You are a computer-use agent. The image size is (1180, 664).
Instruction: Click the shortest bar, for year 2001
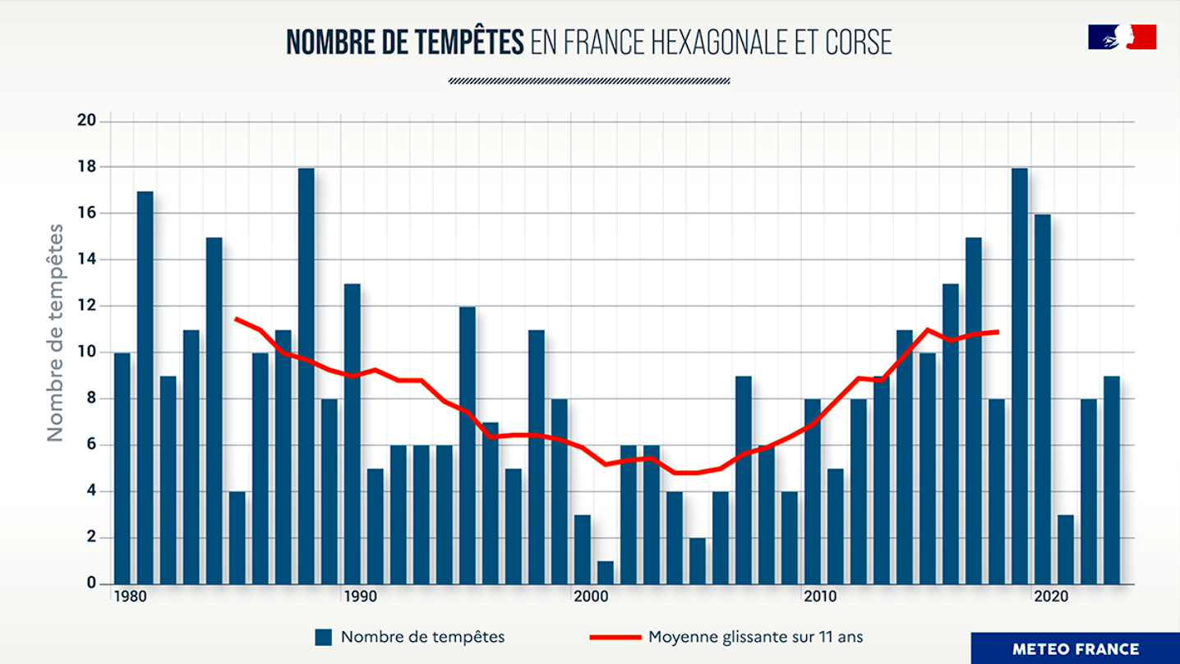tap(606, 572)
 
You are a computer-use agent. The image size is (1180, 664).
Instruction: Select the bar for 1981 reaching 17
tap(145, 387)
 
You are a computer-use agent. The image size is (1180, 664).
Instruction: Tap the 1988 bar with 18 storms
tap(306, 376)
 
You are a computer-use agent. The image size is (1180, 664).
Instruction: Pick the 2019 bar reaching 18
tap(1019, 376)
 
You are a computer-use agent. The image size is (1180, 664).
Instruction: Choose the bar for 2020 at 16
tap(1043, 399)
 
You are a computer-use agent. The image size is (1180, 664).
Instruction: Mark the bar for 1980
tap(122, 468)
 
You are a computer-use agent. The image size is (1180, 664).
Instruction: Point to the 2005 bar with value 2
tap(698, 560)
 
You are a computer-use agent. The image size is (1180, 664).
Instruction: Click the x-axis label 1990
tap(360, 597)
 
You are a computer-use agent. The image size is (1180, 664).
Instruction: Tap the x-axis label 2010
tap(820, 597)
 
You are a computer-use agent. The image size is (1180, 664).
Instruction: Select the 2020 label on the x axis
tap(1051, 597)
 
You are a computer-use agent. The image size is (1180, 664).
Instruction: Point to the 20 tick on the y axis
tap(87, 120)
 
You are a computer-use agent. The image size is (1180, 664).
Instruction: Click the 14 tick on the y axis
tap(87, 259)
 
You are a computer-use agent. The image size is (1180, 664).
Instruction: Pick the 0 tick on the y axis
tap(92, 583)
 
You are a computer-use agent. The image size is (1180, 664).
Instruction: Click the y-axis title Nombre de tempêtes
tap(55, 333)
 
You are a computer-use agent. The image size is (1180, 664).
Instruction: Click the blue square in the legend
tap(324, 637)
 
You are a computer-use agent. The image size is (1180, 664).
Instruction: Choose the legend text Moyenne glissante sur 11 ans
tap(756, 637)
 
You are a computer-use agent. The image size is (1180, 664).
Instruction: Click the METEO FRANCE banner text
tap(1076, 649)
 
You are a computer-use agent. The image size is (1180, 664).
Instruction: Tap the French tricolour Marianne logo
tap(1122, 37)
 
